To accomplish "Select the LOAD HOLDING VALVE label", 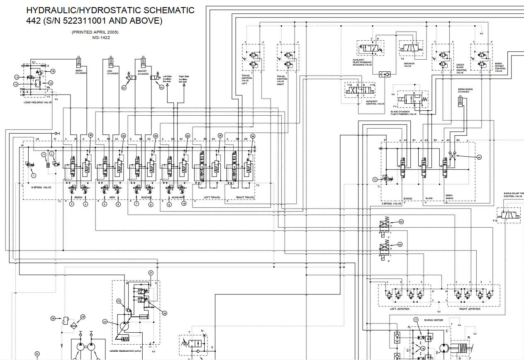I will point(38,102).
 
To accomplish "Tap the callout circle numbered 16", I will point(53,71).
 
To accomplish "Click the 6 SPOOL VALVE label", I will point(41,187).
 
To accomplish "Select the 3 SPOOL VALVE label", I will point(391,204).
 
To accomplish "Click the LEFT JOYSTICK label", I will point(400,309).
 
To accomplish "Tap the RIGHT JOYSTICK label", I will point(470,309).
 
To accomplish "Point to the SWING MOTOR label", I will point(433,320).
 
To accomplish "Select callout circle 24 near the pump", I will point(105,321).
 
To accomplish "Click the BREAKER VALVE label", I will point(409,65).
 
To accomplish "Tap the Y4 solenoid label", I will point(402,59).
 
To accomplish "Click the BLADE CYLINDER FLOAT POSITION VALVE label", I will point(403,113).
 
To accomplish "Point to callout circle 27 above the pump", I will point(151,273).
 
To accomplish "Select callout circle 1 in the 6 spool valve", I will point(34,175).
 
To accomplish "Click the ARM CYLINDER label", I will point(113,72).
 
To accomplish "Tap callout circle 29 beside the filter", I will point(83,317).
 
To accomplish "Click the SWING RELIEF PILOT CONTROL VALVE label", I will point(513,195).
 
